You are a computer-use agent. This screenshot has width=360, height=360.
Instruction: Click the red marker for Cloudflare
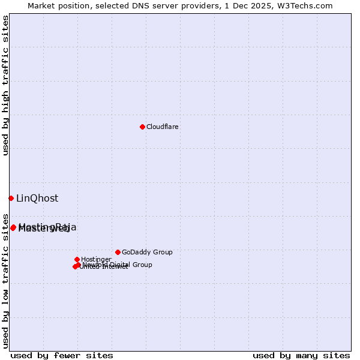pyautogui.click(x=142, y=127)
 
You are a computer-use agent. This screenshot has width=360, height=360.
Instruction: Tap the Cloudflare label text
pyautogui.click(x=162, y=127)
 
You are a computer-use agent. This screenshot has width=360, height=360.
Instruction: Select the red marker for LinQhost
pyautogui.click(x=11, y=198)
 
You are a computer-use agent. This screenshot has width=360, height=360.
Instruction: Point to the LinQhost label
pyautogui.click(x=37, y=198)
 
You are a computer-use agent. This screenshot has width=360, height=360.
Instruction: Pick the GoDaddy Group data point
pyautogui.click(x=118, y=252)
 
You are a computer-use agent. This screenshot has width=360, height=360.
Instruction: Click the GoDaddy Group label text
pyautogui.click(x=147, y=252)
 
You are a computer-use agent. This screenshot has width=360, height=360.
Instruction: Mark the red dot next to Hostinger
pyautogui.click(x=77, y=259)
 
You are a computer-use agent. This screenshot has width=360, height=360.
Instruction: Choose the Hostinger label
pyautogui.click(x=96, y=259)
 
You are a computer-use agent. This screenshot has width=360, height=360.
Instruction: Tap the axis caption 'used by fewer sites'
pyautogui.click(x=62, y=355)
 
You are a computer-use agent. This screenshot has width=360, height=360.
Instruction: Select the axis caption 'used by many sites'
pyautogui.click(x=301, y=355)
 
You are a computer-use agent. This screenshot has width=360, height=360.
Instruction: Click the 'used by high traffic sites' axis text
pyautogui.click(x=5, y=85)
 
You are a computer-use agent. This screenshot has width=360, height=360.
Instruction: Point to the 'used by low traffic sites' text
pyautogui.click(x=5, y=280)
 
